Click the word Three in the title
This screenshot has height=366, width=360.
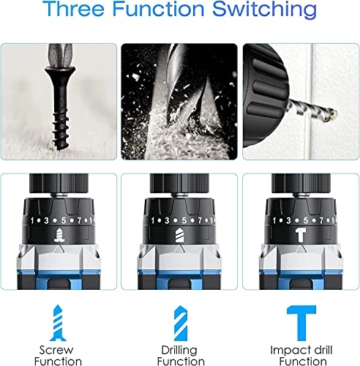point(75,8)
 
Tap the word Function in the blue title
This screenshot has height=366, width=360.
point(159,8)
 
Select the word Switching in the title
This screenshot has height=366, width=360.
point(264,10)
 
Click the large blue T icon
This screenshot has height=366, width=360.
point(301,323)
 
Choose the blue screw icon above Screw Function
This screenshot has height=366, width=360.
point(58,323)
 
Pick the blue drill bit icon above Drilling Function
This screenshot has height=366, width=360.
point(181,323)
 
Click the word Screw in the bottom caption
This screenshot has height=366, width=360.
point(56,350)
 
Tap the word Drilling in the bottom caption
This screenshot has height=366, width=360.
point(179,351)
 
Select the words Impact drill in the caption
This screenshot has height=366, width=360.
point(301,351)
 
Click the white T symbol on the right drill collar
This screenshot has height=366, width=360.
point(301,235)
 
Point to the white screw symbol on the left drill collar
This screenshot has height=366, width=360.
point(59,235)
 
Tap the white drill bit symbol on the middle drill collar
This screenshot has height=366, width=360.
point(180,235)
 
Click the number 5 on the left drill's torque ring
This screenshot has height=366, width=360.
point(64,220)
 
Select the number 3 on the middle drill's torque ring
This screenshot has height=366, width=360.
point(167,220)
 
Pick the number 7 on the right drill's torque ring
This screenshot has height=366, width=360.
point(321,220)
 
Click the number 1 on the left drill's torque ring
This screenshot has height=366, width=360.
point(32,221)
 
